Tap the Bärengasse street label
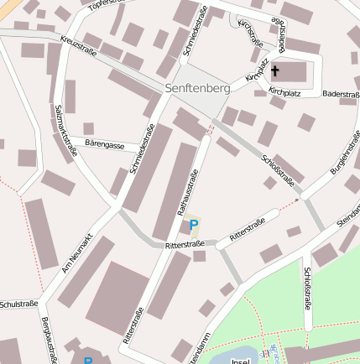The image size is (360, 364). click(x=105, y=145)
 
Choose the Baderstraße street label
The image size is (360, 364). click(x=341, y=95)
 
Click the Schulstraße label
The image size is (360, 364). click(x=17, y=302)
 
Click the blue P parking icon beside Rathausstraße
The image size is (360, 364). click(x=194, y=224)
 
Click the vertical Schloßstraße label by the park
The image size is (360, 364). click(x=309, y=289)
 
